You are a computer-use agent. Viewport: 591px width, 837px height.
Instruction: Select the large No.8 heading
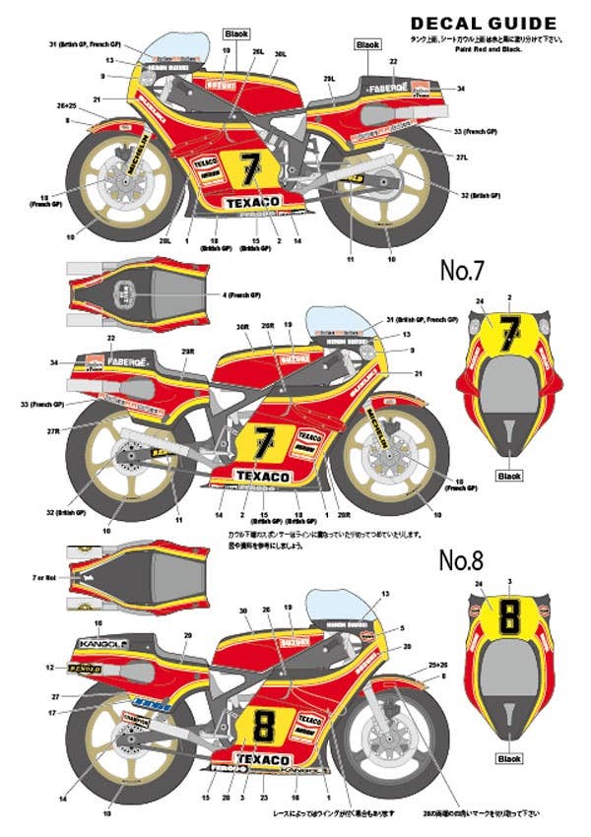(461, 561)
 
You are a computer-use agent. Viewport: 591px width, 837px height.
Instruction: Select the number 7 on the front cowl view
(509, 335)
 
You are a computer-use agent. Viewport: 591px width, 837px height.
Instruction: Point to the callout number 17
(51, 712)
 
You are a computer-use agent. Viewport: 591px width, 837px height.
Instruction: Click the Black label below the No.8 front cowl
(509, 759)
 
